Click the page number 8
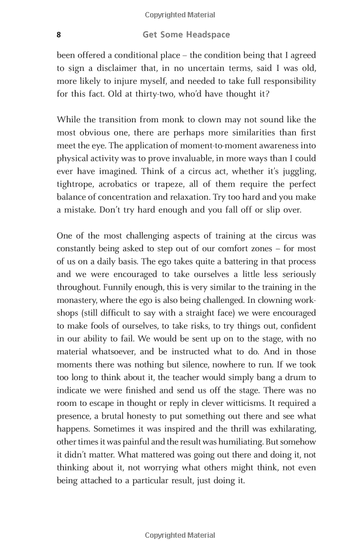58,35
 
